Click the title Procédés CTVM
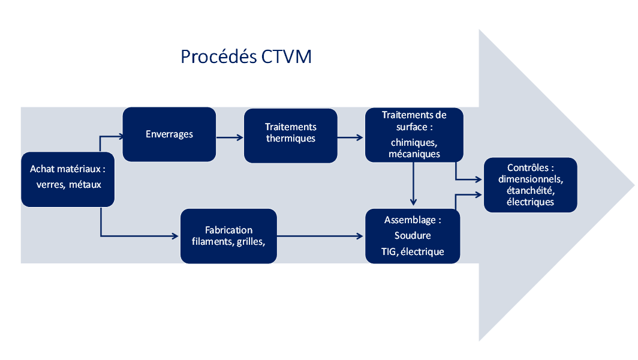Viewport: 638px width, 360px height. click(246, 56)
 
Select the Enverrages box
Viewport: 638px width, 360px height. click(169, 134)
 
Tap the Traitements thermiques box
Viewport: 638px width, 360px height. click(291, 134)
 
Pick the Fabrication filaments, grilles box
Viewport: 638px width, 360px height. click(228, 236)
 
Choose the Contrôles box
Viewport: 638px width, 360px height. click(530, 185)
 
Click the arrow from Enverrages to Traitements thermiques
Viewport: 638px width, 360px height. click(230, 138)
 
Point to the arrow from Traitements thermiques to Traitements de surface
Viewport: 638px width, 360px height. click(351, 138)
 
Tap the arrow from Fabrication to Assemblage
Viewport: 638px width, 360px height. click(321, 236)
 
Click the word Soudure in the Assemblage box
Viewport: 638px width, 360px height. click(413, 235)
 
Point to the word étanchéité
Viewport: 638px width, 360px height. click(530, 190)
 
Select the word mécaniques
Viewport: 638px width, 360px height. click(414, 154)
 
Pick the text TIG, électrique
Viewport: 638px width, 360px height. click(413, 251)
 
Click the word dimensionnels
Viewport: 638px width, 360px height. click(530, 179)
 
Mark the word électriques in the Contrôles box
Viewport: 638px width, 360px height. click(530, 202)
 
